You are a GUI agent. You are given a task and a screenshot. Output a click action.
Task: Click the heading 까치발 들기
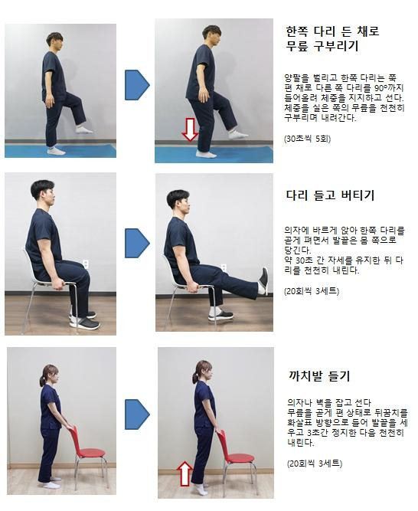tap(319, 376)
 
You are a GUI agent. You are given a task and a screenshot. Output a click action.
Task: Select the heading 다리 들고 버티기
tap(330, 195)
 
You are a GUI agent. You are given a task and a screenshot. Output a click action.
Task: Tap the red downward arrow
tap(190, 129)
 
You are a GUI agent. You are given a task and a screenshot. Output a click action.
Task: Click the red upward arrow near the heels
tap(185, 473)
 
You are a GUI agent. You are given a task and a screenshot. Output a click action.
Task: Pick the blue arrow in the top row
tap(137, 85)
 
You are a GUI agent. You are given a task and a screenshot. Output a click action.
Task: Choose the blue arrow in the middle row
tap(137, 243)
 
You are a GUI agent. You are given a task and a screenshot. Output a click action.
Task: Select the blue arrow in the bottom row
tap(137, 414)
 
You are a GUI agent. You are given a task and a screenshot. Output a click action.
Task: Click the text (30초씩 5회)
tap(307, 139)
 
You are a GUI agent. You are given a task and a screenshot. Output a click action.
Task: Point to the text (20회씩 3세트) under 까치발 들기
tap(315, 463)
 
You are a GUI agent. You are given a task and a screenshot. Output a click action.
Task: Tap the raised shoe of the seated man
tap(263, 281)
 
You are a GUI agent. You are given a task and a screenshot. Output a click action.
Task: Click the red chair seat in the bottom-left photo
tap(91, 452)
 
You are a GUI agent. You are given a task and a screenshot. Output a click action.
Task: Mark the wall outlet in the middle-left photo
tap(85, 264)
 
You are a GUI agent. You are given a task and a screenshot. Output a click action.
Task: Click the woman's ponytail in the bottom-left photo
tap(42, 380)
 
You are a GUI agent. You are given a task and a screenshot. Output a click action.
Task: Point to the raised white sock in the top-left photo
tap(84, 129)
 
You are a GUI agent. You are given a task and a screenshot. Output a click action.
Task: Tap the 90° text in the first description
tap(379, 88)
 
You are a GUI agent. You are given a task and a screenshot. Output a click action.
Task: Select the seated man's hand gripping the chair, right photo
tap(195, 287)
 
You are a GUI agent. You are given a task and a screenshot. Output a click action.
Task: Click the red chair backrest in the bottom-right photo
tap(222, 444)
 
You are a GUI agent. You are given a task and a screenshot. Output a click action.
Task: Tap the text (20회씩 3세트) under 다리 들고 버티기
tap(312, 291)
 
